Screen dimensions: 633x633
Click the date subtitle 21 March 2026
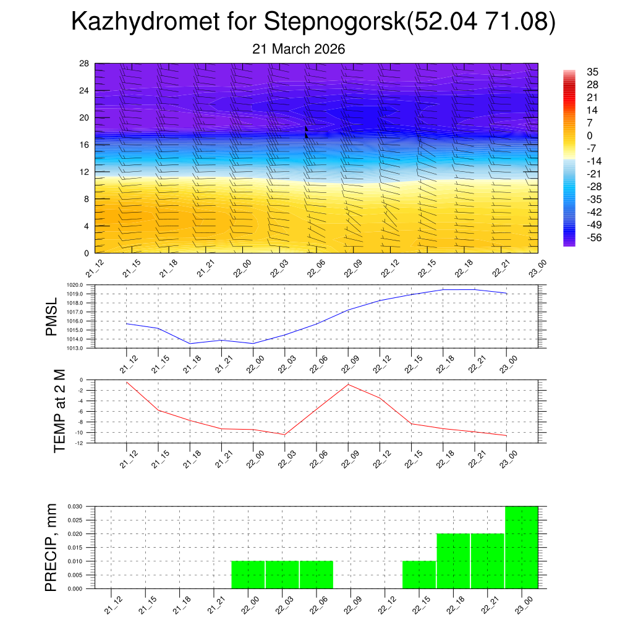pyautogui.click(x=299, y=49)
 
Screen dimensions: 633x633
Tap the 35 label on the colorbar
pyautogui.click(x=592, y=72)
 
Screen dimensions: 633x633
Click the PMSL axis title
pyautogui.click(x=52, y=316)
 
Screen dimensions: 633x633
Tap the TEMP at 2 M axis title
pyautogui.click(x=59, y=410)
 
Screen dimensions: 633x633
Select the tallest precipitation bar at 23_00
pyautogui.click(x=521, y=547)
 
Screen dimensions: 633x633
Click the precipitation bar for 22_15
pyautogui.click(x=419, y=575)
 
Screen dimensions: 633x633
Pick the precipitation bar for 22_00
pyautogui.click(x=248, y=575)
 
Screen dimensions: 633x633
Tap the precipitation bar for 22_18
pyautogui.click(x=453, y=561)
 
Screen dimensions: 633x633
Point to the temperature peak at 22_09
pyautogui.click(x=348, y=384)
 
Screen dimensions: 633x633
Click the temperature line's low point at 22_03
pyautogui.click(x=284, y=435)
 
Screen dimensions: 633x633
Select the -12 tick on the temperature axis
pyautogui.click(x=80, y=443)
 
